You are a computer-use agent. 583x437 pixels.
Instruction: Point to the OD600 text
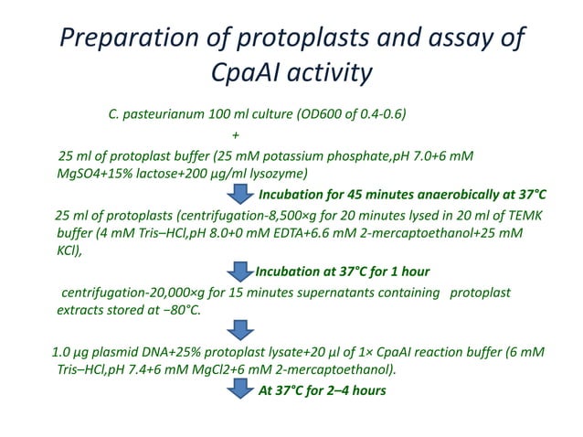(312, 115)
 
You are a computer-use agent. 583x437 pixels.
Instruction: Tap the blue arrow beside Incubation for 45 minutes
(241, 195)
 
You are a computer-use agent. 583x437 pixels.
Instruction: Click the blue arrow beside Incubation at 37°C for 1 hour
(239, 272)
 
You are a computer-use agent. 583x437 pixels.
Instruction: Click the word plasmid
(113, 352)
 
